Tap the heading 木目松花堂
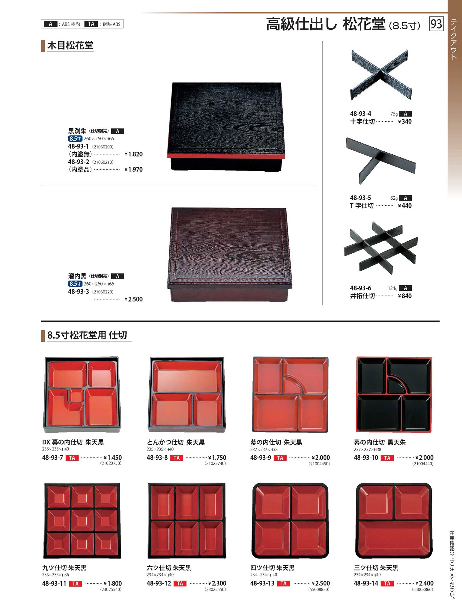pyautogui.click(x=70, y=46)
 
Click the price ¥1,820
pyautogui.click(x=134, y=154)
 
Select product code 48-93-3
pyautogui.click(x=79, y=292)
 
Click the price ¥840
pyautogui.click(x=405, y=296)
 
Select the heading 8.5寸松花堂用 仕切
pyautogui.click(x=87, y=335)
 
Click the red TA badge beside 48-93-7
pyautogui.click(x=72, y=458)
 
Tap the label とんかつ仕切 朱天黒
pyautogui.click(x=176, y=442)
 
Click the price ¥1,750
pyautogui.click(x=217, y=458)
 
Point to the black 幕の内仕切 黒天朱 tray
pyautogui.click(x=394, y=394)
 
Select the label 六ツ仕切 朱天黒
pyautogui.click(x=169, y=568)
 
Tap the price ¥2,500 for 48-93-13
pyautogui.click(x=321, y=583)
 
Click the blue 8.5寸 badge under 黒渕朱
pyautogui.click(x=75, y=138)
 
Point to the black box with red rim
pyautogui.click(x=226, y=127)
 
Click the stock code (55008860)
pyautogui.click(x=423, y=589)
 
